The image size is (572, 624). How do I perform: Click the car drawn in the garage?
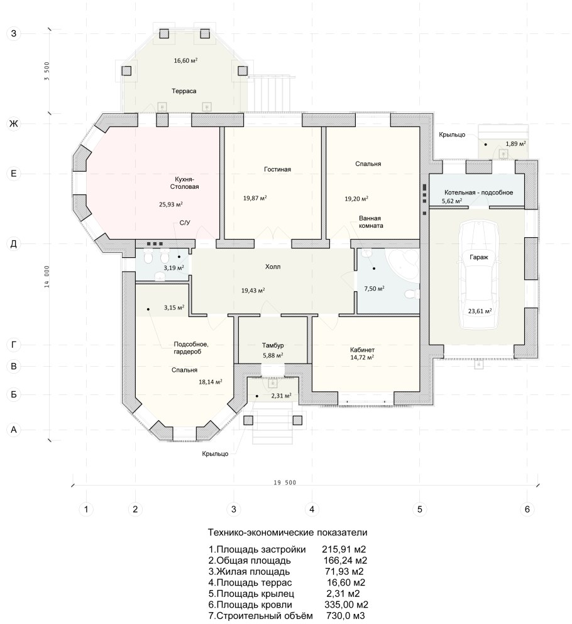(479, 275)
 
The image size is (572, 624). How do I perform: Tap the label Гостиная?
(277, 169)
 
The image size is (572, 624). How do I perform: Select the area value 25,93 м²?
(170, 204)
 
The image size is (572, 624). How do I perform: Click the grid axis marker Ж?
(14, 124)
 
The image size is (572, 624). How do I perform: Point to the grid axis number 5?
(419, 509)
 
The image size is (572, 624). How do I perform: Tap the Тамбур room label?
(273, 345)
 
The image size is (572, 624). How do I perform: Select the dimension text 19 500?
(285, 482)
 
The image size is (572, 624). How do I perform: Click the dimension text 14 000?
(47, 277)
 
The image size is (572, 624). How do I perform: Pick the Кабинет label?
(362, 350)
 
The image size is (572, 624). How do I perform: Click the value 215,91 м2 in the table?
(344, 550)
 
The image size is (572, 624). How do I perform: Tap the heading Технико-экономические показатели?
(288, 532)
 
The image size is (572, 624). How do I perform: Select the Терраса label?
(184, 91)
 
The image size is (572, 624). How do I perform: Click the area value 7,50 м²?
(374, 289)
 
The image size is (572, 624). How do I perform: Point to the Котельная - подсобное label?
(478, 192)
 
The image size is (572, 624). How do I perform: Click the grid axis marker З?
(14, 33)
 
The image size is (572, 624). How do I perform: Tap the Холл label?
(273, 266)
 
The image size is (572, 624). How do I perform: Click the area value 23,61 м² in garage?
(480, 311)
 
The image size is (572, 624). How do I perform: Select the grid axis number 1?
(86, 509)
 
